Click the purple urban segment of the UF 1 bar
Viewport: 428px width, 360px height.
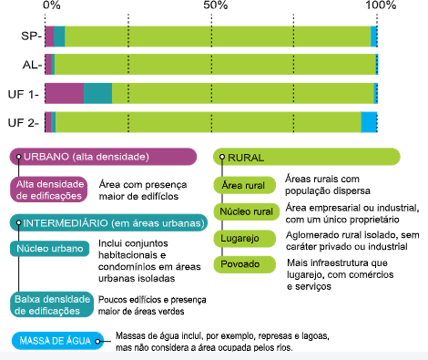point(65,93)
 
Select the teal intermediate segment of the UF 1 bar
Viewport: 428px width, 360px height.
point(97,93)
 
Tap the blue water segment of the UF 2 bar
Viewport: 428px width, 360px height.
point(369,122)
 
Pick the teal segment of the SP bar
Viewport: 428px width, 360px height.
point(59,36)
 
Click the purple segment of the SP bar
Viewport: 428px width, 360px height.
point(49,36)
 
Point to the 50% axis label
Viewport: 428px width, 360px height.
point(216,5)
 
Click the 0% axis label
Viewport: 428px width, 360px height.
point(52,5)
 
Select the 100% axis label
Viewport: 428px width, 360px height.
point(381,5)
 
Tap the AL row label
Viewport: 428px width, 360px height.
point(32,65)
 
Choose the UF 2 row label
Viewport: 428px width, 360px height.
point(24,123)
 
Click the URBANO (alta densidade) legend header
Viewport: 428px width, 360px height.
point(103,157)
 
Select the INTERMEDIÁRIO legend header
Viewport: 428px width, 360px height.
point(108,223)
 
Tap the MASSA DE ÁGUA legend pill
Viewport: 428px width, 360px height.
point(57,341)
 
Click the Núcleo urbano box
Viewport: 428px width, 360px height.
point(50,249)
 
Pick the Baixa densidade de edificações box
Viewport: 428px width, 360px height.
point(52,304)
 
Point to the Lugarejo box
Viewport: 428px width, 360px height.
point(245,238)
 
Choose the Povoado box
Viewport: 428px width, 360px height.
point(245,264)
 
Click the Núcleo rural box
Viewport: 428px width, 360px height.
point(247,211)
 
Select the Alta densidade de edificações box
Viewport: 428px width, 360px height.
point(48,190)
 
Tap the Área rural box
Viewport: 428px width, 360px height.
point(245,185)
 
